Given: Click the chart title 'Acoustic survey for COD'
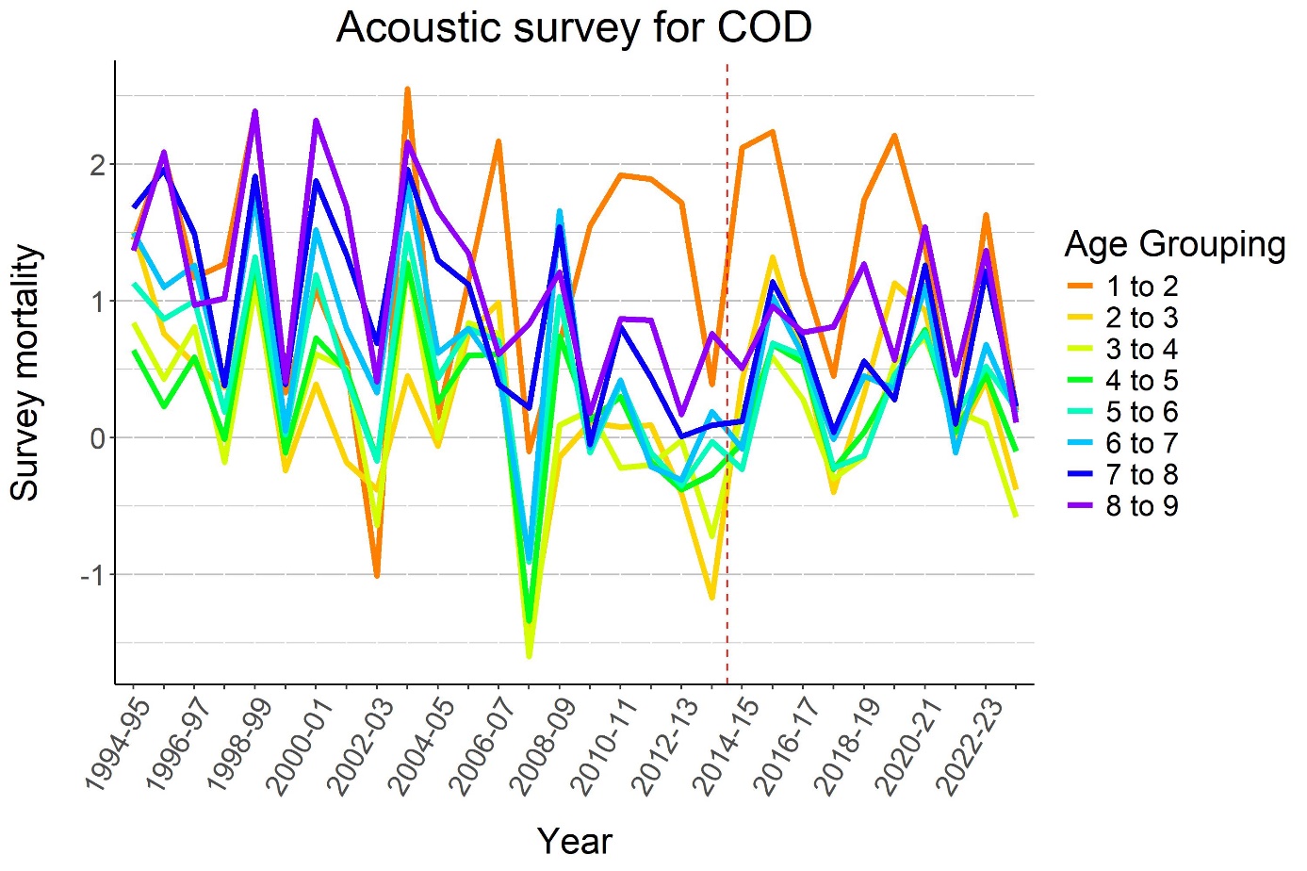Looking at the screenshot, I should pyautogui.click(x=574, y=28).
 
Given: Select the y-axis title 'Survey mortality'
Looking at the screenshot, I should pyautogui.click(x=26, y=373).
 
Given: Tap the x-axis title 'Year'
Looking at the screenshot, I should pyautogui.click(x=574, y=841).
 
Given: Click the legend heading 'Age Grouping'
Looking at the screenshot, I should pyautogui.click(x=1174, y=244).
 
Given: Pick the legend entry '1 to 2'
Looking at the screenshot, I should pyautogui.click(x=1141, y=287).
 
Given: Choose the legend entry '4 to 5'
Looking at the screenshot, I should pyautogui.click(x=1141, y=381).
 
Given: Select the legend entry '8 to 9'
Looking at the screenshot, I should pyautogui.click(x=1141, y=506).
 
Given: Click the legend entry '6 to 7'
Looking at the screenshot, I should pyautogui.click(x=1141, y=443).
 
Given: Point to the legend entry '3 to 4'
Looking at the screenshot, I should pyautogui.click(x=1141, y=350).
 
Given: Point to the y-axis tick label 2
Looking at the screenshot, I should pyautogui.click(x=97, y=165).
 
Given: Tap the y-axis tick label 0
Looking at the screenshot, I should pyautogui.click(x=97, y=438).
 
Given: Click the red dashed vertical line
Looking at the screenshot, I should pyautogui.click(x=727, y=377).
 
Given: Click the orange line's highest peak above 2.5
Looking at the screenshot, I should pyautogui.click(x=407, y=90).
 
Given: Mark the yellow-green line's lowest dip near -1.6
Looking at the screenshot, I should pyautogui.click(x=529, y=655).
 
